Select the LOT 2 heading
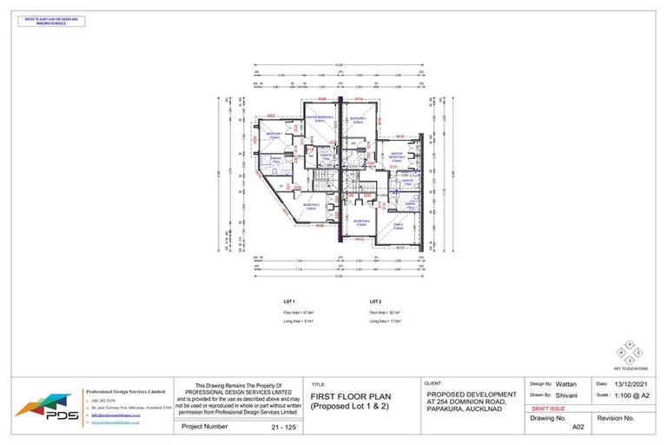(374, 301)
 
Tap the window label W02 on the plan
(271, 116)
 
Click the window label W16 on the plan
(401, 136)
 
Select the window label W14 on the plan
(401, 248)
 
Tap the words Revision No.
(617, 418)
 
